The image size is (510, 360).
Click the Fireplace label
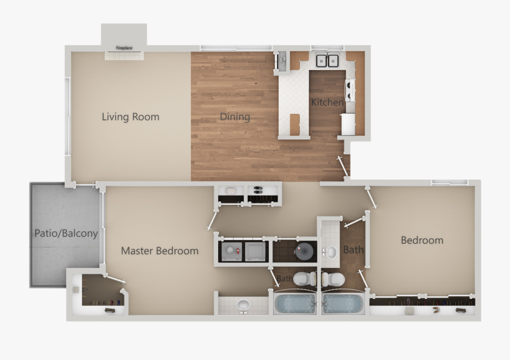point(124,48)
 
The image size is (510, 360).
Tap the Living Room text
point(130,117)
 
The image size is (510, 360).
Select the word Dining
point(235,117)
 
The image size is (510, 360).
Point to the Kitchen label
point(327,103)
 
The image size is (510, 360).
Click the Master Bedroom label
point(160,251)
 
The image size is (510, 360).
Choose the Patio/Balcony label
point(66,233)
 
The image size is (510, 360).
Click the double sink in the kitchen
point(327,60)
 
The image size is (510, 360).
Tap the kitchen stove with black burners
point(350,88)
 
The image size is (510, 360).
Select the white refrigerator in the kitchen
point(348,124)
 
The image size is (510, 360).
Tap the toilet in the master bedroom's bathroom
point(307,279)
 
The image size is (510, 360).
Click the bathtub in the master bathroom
point(295,303)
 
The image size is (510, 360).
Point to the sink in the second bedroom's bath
point(329,252)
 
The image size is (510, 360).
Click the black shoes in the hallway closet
point(257,189)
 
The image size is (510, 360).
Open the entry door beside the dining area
point(343,167)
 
